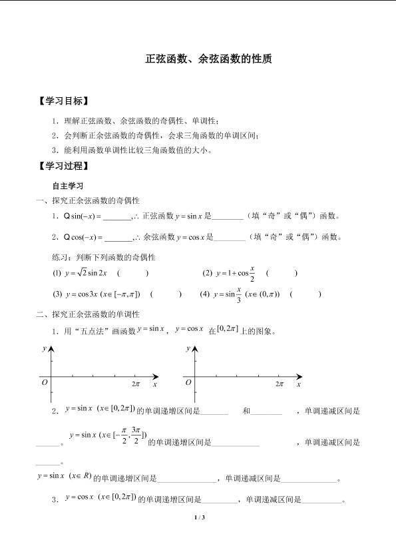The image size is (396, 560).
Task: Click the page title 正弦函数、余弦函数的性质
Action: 208,59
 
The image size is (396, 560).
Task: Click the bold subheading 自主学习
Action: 67,185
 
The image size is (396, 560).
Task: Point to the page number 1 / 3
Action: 198,517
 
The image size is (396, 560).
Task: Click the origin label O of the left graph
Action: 45,383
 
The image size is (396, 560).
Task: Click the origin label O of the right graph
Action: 188,383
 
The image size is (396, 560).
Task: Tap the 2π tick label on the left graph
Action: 136,384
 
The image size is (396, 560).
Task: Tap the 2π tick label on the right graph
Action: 280,384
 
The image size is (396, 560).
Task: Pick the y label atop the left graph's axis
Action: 44,348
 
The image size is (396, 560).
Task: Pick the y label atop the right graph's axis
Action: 188,348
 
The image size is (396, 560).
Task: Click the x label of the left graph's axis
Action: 155,384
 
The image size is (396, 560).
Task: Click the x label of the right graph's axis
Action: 299,384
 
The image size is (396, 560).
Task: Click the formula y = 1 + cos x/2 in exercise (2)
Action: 235,273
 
